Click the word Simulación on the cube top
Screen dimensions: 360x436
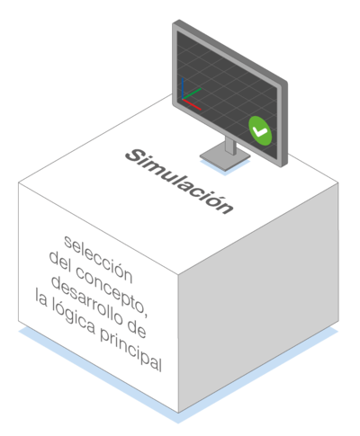click(179, 182)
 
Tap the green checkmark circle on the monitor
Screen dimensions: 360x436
click(260, 131)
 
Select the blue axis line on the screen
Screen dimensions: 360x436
click(183, 88)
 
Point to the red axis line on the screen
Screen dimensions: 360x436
click(192, 104)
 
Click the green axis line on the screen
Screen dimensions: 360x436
click(192, 93)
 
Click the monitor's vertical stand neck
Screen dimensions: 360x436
click(230, 146)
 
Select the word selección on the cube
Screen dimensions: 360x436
click(98, 259)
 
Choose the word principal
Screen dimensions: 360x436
click(131, 350)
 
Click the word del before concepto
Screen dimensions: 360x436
click(60, 262)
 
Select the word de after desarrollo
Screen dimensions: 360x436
click(137, 328)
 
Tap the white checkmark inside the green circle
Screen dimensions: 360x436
click(260, 131)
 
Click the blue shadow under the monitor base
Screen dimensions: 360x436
click(225, 168)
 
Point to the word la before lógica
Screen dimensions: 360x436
click(41, 298)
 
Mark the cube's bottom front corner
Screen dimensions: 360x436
click(178, 413)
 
